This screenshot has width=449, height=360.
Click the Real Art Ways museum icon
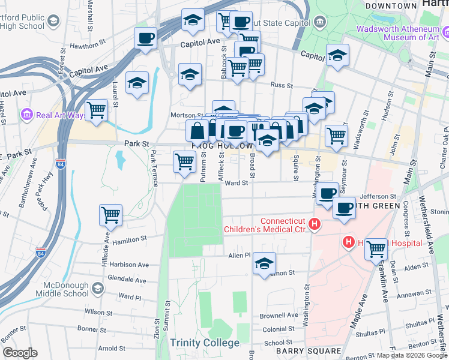click(x=26, y=115)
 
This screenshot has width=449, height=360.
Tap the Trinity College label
click(x=204, y=343)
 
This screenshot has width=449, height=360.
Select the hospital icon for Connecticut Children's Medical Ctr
click(x=313, y=224)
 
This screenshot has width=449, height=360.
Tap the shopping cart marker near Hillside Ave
click(x=111, y=215)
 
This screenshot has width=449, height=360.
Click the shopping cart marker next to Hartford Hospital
click(x=376, y=248)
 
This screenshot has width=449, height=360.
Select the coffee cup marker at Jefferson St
click(x=327, y=193)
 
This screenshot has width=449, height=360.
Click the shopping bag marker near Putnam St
click(x=197, y=130)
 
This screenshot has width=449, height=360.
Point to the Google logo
click(x=20, y=353)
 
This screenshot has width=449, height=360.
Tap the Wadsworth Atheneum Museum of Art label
click(x=399, y=33)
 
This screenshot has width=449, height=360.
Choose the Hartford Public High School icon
click(x=53, y=22)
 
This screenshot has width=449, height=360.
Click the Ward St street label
click(x=236, y=184)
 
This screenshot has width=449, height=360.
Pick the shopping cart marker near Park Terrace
click(x=184, y=161)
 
